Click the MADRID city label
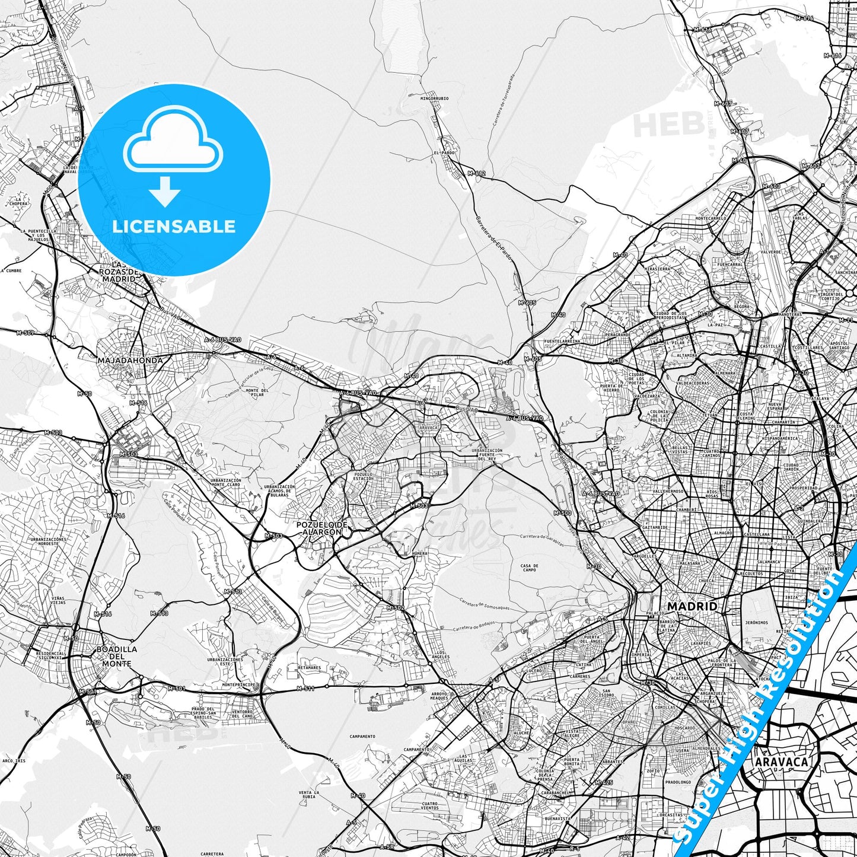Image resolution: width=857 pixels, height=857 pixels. point(692,606)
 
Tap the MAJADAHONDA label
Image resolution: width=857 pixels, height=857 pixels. point(130,359)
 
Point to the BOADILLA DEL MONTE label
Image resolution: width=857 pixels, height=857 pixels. point(117,656)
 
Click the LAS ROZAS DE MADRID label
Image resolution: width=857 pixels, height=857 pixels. point(119,272)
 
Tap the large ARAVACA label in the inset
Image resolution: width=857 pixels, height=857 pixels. point(781,762)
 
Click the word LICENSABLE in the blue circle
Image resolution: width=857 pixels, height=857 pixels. point(174,226)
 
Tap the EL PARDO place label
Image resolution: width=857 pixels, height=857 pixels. point(444,152)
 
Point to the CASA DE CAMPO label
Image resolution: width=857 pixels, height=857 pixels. point(529,568)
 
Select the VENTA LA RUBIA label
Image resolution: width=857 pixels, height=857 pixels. point(309,795)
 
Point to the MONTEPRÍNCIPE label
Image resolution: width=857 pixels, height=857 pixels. point(238,684)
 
